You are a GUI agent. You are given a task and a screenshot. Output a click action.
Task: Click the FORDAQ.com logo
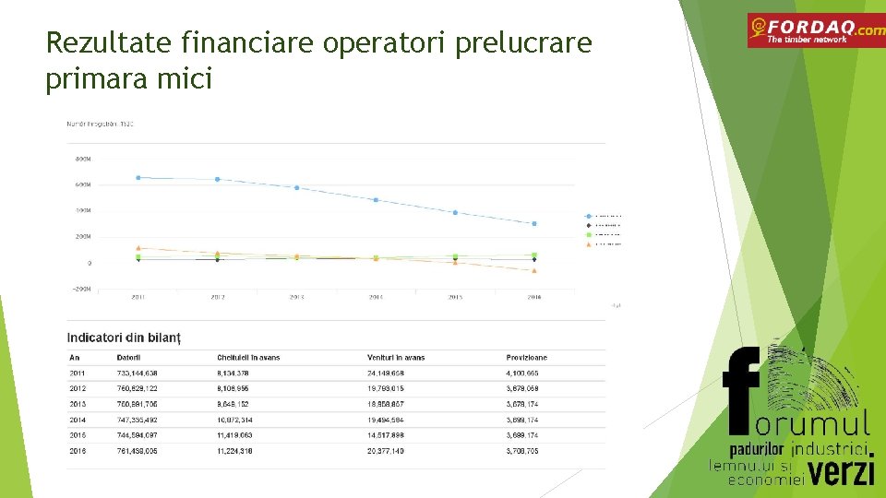click(x=816, y=30)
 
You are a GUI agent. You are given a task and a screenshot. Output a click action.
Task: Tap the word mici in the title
click(x=186, y=79)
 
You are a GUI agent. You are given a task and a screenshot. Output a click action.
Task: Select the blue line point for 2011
click(x=138, y=177)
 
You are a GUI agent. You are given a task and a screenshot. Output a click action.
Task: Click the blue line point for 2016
click(x=533, y=223)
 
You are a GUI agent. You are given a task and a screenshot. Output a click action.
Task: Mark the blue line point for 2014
click(x=376, y=199)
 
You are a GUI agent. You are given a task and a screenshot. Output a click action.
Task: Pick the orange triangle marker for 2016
click(x=533, y=270)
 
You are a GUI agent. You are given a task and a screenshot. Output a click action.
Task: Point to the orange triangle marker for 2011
click(x=138, y=248)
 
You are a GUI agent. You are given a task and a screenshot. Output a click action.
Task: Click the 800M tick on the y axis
click(x=83, y=159)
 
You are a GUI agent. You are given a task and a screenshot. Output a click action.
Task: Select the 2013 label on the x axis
click(x=296, y=297)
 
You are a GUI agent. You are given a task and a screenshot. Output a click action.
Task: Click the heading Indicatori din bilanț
click(x=124, y=338)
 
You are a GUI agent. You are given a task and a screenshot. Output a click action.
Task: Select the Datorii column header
click(x=128, y=358)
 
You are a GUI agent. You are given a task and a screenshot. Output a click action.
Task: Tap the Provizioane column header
click(x=526, y=358)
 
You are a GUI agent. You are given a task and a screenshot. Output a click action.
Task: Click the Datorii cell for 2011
click(x=137, y=373)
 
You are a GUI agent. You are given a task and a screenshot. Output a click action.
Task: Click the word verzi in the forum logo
click(x=842, y=471)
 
